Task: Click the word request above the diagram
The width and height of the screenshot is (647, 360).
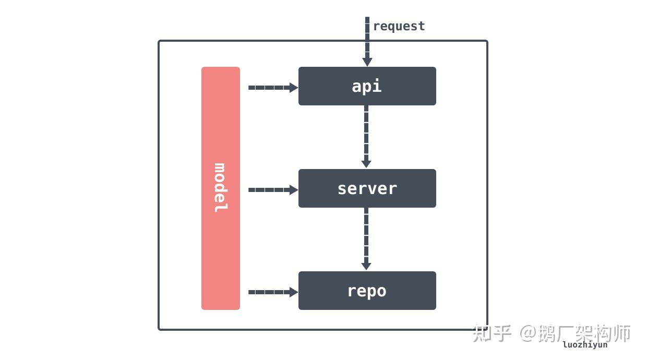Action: point(399,26)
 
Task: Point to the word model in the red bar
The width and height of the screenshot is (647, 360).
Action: point(221,188)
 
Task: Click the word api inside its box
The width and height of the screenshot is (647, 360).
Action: point(367,86)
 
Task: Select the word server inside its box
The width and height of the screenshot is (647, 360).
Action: point(367,188)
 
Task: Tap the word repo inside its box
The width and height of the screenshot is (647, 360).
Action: point(367,291)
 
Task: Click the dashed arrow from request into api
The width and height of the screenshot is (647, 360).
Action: point(367,42)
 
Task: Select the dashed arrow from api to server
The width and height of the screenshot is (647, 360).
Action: point(366,136)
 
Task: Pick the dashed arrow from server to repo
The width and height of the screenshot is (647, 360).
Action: point(366,238)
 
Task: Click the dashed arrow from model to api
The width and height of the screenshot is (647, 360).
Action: point(271,88)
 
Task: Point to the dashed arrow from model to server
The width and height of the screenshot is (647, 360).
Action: point(271,190)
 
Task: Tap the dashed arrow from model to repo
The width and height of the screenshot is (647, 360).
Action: point(271,292)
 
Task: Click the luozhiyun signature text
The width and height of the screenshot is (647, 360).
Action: point(585,345)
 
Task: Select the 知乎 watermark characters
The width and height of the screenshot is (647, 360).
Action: point(492,333)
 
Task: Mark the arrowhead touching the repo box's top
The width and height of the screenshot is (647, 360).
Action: point(366,266)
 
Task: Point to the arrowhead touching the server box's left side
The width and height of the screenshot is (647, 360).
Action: point(294,190)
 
